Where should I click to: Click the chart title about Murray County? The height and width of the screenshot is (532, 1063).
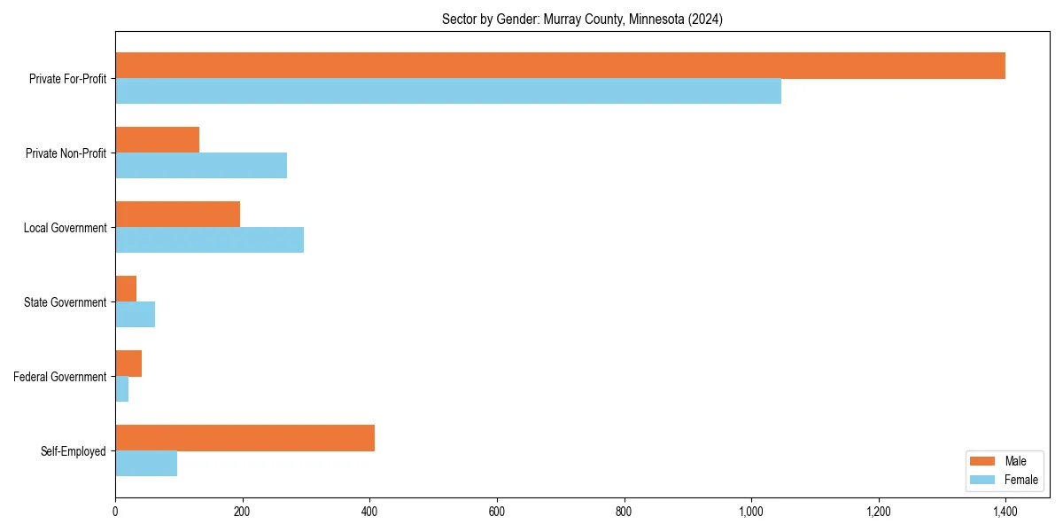(x=582, y=20)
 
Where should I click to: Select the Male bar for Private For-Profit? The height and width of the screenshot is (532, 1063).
(x=560, y=66)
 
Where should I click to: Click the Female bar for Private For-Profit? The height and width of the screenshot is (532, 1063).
(x=448, y=91)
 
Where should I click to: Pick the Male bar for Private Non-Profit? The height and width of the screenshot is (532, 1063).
(x=158, y=140)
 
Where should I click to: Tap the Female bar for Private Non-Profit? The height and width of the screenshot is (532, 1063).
(x=201, y=166)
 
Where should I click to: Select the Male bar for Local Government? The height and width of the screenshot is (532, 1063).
(x=178, y=215)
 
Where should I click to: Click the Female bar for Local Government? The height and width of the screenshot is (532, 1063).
(x=210, y=240)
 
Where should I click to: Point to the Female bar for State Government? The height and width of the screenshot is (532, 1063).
(x=136, y=315)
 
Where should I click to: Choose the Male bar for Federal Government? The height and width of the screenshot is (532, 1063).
(x=128, y=364)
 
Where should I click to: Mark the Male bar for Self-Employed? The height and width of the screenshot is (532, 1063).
(x=245, y=438)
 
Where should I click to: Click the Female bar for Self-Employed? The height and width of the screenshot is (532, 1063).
(x=146, y=464)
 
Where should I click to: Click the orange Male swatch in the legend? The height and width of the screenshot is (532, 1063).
(x=983, y=461)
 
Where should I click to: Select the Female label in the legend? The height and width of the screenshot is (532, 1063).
(x=1020, y=480)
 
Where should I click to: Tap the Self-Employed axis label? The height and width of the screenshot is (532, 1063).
(x=74, y=451)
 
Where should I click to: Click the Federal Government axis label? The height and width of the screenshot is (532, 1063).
(x=60, y=377)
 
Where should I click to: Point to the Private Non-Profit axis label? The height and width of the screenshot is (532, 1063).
(x=66, y=153)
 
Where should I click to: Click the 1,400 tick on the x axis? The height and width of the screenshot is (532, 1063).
(x=1005, y=512)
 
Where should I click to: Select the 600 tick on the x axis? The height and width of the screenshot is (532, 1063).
(x=497, y=512)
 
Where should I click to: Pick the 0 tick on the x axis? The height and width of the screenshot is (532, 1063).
(x=115, y=512)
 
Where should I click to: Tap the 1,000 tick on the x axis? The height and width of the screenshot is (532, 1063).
(x=751, y=512)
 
